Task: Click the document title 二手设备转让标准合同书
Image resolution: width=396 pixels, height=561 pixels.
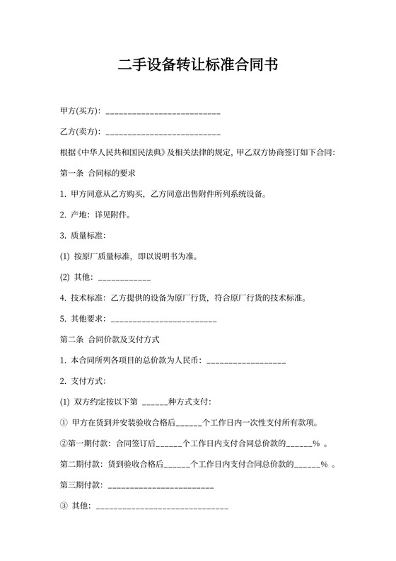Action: coord(198,65)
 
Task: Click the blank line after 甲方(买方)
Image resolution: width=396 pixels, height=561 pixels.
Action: coord(162,113)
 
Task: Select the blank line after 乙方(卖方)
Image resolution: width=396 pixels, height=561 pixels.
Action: coord(162,132)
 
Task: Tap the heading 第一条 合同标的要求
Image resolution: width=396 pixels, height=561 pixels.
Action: coord(98,172)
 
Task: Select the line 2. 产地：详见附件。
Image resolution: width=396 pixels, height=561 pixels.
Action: coord(95,214)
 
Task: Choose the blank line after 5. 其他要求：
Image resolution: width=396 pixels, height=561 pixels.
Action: coord(163,320)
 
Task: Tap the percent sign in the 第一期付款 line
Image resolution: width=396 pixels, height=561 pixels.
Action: coord(316,444)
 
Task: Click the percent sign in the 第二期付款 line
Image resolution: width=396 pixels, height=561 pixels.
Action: coord(324,465)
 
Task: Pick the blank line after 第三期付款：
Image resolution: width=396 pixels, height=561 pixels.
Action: coord(158,487)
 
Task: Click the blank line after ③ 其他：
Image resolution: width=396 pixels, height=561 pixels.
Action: coord(161,507)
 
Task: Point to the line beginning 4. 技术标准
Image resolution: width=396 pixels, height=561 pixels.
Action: coord(184,298)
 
